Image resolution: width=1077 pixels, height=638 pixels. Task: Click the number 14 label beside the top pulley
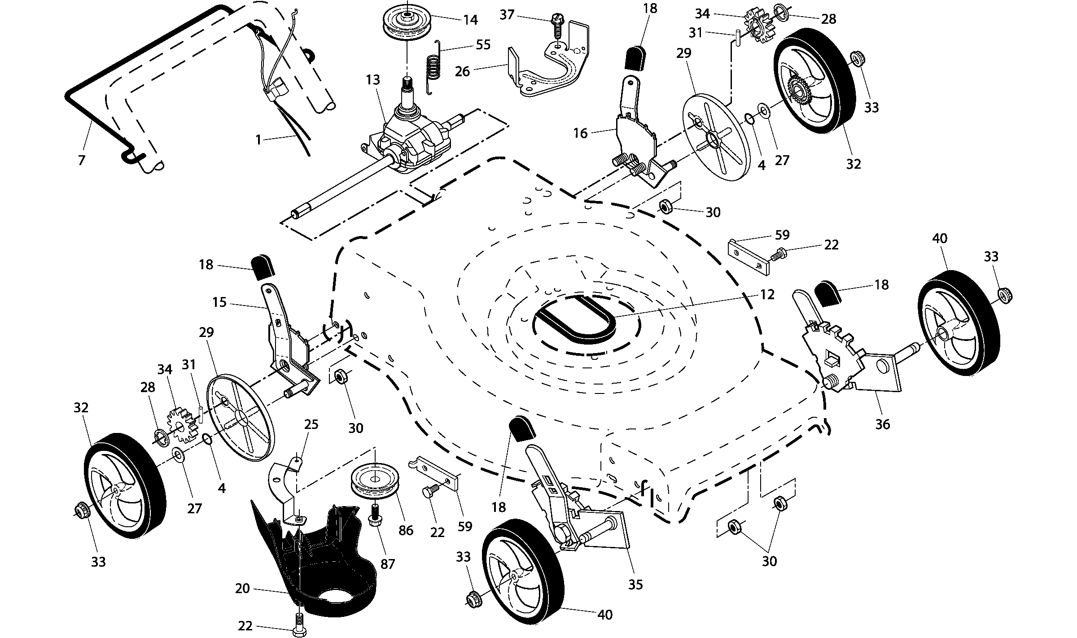click(471, 20)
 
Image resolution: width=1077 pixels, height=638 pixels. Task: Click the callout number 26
click(462, 71)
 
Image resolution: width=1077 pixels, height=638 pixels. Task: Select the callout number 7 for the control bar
click(81, 160)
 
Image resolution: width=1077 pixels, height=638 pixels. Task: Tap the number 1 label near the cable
click(258, 140)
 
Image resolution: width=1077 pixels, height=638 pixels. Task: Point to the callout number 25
click(311, 424)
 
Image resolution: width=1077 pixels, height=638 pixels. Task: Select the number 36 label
click(882, 424)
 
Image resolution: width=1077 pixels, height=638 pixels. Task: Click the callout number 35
click(636, 585)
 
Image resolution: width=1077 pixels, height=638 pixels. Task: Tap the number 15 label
click(219, 302)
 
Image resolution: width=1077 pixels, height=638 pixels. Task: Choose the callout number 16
click(580, 134)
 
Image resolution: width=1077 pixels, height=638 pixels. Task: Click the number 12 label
click(767, 295)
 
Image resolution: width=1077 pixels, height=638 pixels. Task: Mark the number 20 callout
click(242, 588)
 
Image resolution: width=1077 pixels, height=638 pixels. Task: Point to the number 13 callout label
click(373, 80)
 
